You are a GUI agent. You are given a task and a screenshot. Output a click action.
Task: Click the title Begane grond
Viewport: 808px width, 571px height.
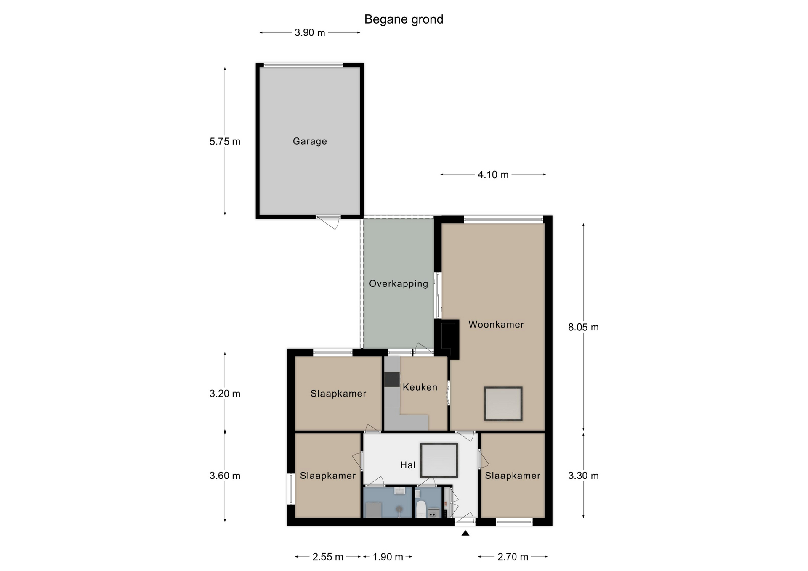(404, 19)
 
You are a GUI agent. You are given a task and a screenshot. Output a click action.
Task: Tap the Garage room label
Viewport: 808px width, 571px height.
(310, 141)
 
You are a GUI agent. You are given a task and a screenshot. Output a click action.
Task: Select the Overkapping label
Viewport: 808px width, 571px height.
(399, 284)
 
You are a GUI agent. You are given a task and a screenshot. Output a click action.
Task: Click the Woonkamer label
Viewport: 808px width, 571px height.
(496, 324)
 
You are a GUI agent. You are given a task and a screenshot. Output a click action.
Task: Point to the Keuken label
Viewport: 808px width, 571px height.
(420, 387)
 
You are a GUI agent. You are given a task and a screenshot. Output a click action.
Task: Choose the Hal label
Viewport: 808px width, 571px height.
(408, 465)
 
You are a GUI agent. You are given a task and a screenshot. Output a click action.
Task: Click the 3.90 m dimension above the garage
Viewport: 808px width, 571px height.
(310, 33)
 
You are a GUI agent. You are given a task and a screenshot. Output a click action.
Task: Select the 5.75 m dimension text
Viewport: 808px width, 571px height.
(225, 142)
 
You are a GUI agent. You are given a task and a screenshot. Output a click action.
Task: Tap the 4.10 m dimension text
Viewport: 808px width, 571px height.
(493, 174)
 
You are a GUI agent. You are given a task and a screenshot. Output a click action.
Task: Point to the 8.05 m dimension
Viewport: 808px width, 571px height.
(583, 327)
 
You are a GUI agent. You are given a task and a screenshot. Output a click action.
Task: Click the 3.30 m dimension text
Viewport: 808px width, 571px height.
(583, 476)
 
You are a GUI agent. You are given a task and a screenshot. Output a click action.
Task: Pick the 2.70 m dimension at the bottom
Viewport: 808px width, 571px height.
(513, 557)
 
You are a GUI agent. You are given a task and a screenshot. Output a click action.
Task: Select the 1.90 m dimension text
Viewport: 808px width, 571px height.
(388, 557)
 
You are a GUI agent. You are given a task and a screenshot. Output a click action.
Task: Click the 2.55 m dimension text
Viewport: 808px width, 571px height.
(328, 557)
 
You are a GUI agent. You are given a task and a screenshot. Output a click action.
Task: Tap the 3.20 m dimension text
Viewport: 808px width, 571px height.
(225, 394)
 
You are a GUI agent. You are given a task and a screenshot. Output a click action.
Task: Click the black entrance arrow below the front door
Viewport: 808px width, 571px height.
(465, 534)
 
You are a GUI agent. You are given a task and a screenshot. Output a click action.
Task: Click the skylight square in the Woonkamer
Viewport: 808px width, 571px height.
(503, 404)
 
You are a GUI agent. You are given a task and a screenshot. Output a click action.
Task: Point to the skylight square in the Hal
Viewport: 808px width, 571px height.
(439, 460)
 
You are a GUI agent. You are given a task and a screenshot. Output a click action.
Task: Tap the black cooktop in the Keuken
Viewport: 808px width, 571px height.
(392, 379)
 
